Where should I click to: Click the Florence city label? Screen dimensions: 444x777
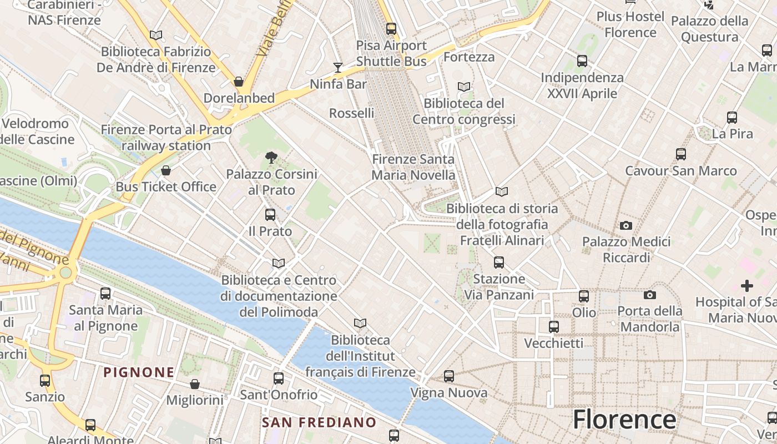point(624,419)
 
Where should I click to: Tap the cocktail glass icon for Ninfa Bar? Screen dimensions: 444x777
point(338,68)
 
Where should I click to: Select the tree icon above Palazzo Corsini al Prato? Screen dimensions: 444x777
point(271,158)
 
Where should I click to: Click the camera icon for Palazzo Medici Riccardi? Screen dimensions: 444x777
point(626,225)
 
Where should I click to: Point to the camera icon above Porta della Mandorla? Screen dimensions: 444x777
point(650,295)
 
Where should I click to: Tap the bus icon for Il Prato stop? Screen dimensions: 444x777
point(270,215)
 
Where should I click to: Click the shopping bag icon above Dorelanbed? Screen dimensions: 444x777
point(239,82)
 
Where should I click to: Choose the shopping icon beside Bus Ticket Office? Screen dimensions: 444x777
point(165,170)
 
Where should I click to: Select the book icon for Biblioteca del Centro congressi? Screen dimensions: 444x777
point(464,87)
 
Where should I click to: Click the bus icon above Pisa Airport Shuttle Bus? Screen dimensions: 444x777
point(391,28)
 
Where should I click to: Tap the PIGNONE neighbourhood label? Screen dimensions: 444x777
point(139,372)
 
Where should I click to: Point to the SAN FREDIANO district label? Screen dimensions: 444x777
point(319,422)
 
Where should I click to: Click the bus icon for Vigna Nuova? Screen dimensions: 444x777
point(449,376)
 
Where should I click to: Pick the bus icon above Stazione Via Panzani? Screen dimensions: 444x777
point(499,262)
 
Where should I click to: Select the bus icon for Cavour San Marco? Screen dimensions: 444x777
point(681,154)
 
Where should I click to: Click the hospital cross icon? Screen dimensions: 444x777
point(747,286)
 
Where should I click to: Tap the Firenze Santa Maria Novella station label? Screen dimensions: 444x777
point(413,167)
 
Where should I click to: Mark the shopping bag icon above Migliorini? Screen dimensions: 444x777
point(195,384)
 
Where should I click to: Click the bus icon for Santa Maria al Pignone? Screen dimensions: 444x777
point(105,293)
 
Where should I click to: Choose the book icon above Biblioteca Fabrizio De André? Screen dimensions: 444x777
point(156,36)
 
